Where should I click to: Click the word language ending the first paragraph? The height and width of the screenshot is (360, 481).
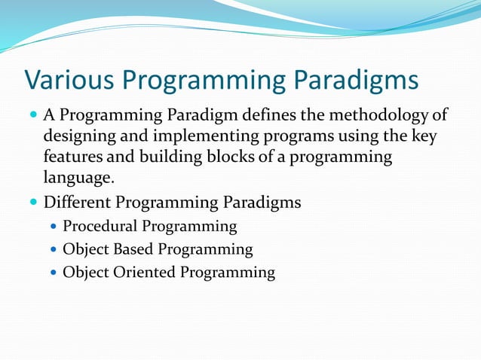[x=78, y=179]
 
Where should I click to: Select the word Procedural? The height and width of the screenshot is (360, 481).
[x=100, y=227]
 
